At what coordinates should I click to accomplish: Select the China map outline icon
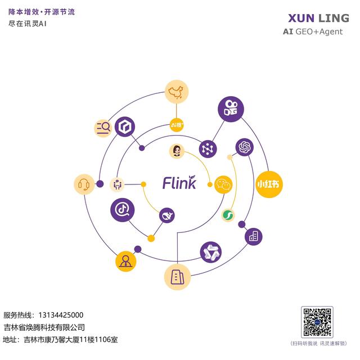(177, 92)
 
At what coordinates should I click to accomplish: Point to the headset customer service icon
(85, 184)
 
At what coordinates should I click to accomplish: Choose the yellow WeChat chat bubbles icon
(223, 183)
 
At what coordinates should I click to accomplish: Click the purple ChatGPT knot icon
(244, 147)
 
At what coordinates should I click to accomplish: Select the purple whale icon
(167, 215)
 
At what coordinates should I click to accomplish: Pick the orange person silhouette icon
(126, 261)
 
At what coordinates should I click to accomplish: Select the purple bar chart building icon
(253, 236)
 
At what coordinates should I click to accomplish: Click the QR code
(317, 322)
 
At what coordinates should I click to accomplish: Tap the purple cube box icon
(125, 127)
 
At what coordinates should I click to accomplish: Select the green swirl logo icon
(228, 214)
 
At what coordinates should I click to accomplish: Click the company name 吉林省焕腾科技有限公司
(44, 327)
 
